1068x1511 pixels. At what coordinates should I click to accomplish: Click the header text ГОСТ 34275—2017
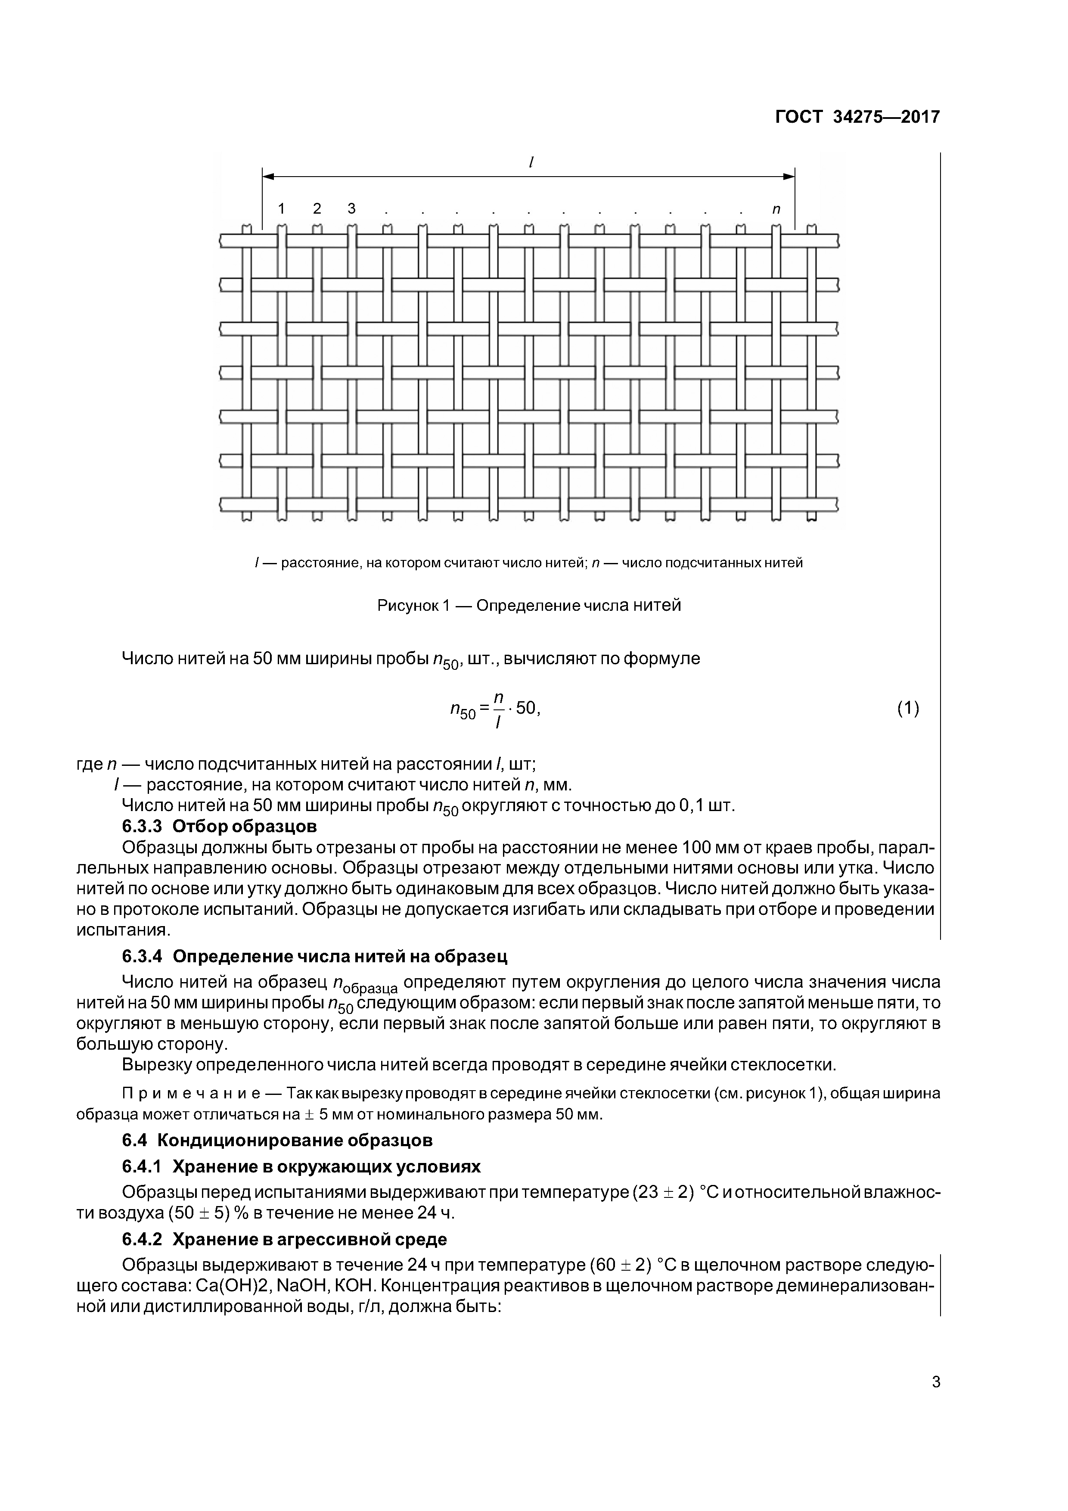(x=857, y=117)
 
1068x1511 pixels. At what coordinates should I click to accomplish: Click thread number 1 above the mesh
(x=282, y=208)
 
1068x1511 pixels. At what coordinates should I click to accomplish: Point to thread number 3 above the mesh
(x=351, y=208)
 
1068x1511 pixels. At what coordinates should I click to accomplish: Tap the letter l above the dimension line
(x=531, y=161)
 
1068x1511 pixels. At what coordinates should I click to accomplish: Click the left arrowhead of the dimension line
(x=268, y=176)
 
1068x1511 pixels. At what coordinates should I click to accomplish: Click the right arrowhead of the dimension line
(x=789, y=176)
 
